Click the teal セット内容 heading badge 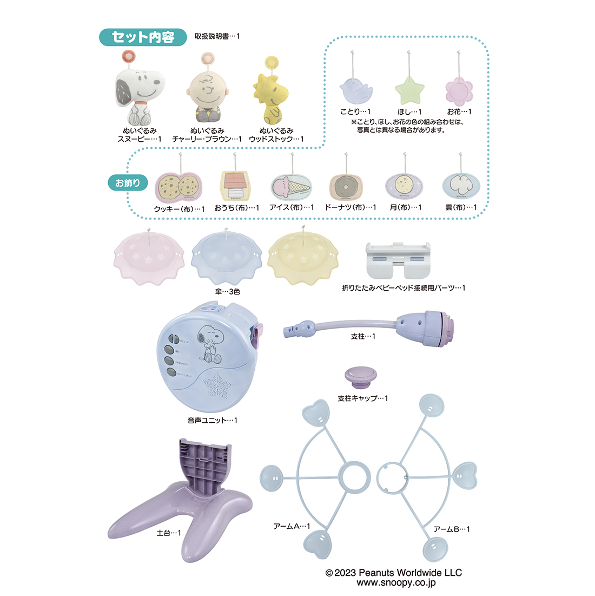(x=143, y=37)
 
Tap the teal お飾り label (x=128, y=183)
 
